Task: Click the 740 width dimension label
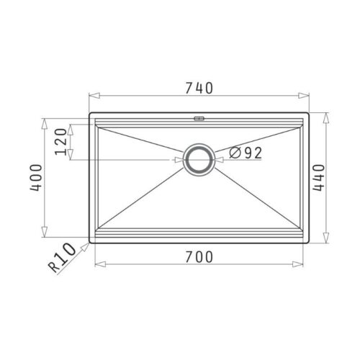click(199, 89)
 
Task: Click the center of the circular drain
click(198, 159)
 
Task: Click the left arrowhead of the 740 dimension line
click(91, 96)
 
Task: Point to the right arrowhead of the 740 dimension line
click(306, 96)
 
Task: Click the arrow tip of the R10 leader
click(90, 242)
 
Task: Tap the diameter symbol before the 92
click(235, 152)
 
